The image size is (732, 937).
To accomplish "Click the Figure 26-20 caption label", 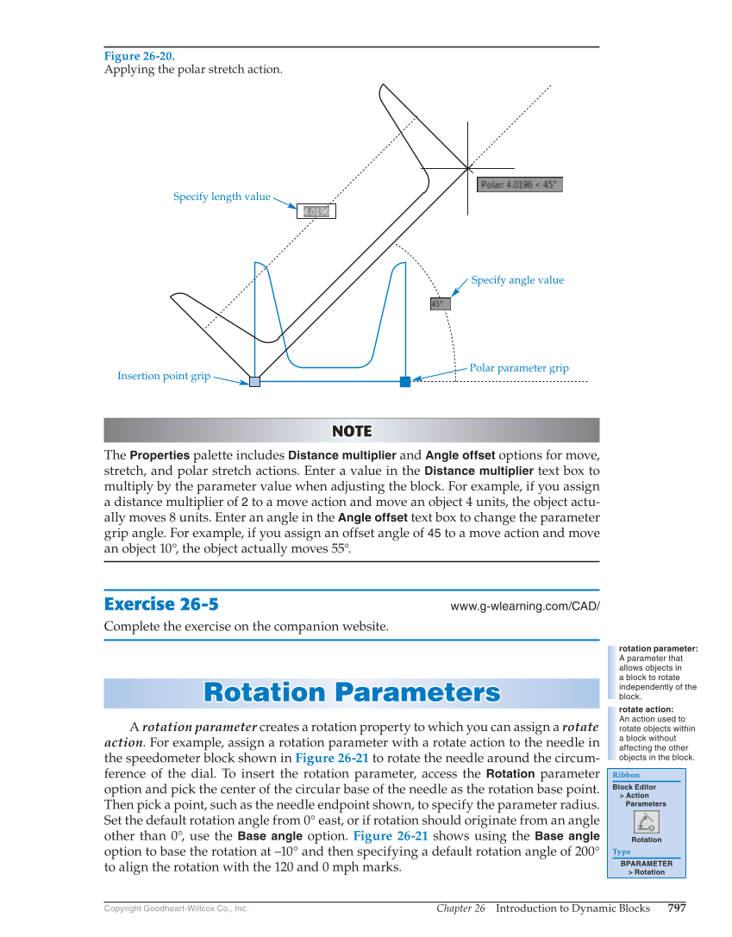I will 139,56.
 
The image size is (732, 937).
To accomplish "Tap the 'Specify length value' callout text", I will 222,197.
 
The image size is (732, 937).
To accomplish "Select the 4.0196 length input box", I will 316,211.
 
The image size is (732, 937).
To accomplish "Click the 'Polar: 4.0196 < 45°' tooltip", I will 519,184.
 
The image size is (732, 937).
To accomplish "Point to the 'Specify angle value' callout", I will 517,280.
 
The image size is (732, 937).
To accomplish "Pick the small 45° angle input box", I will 439,303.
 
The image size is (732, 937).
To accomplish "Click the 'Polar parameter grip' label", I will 518,368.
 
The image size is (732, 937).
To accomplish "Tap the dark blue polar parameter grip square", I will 405,382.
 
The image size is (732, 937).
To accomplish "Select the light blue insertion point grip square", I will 254,382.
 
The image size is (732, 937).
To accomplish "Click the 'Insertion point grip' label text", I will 164,376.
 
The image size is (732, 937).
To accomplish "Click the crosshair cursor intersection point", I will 468,167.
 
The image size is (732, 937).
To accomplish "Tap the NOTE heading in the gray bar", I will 352,431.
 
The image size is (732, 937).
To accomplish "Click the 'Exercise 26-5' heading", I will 167,603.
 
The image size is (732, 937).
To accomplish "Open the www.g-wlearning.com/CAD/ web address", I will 524,606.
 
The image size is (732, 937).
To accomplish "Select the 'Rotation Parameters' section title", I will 352,693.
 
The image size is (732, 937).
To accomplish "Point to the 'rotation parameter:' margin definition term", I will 658,648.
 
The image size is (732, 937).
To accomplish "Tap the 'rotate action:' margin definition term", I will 646,709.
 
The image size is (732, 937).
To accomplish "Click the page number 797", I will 677,908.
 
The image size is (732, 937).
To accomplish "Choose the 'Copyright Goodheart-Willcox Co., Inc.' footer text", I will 176,909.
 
